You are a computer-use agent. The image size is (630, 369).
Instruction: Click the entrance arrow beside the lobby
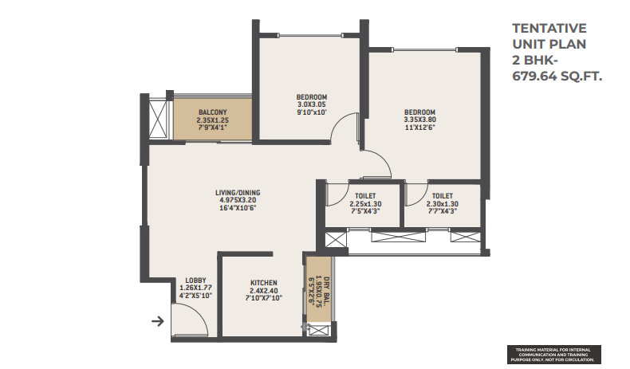coord(158,321)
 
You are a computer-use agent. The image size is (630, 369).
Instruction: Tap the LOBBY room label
coord(195,281)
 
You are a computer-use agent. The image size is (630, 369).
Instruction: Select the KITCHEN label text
coord(264,283)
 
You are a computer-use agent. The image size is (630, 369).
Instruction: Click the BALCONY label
coord(213,112)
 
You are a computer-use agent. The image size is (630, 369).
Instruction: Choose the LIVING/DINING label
coord(238,193)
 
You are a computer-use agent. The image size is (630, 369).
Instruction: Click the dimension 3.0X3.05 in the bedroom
coord(311,104)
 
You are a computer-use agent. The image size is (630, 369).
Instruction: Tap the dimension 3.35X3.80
coord(419,120)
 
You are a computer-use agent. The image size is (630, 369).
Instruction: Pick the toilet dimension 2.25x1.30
coord(365,204)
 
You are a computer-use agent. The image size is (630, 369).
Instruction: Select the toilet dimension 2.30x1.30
coord(442,204)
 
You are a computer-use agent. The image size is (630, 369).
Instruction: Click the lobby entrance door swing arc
coord(195,311)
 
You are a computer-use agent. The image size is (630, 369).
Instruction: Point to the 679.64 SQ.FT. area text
coord(557,76)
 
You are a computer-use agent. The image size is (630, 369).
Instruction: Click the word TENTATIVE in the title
coord(549,28)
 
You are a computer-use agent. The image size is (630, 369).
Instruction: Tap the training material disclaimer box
coord(554,355)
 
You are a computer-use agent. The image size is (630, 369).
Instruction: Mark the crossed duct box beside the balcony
coord(157,119)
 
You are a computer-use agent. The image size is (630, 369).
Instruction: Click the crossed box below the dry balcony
coord(318,331)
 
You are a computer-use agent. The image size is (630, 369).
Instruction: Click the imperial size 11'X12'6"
coord(419,128)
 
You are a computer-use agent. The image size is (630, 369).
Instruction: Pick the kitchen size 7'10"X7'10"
coord(264,298)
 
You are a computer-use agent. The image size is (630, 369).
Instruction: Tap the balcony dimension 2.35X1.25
coord(213,120)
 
